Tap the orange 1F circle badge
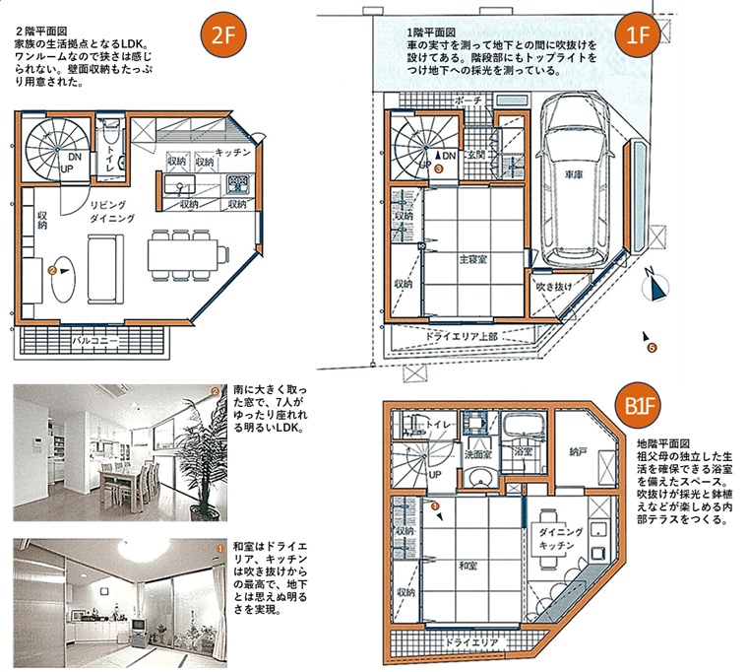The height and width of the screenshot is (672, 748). point(638,38)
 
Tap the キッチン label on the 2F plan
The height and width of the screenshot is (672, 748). point(233,153)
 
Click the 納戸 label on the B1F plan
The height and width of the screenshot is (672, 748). point(580,451)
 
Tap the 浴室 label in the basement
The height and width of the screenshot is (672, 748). point(524,450)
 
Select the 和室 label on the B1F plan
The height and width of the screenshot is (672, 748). point(467,567)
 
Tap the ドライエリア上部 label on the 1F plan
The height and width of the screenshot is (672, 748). point(463,336)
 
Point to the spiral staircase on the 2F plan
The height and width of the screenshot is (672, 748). point(50,149)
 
